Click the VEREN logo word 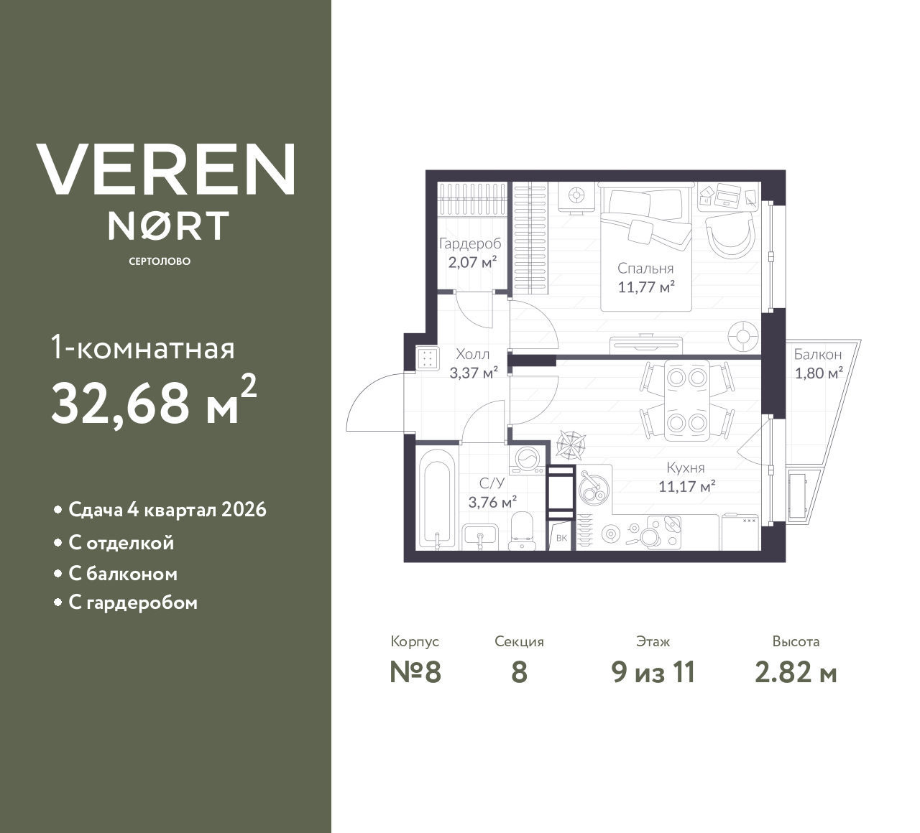[x=166, y=169]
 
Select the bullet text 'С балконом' [x=123, y=574]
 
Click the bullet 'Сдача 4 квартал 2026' [x=167, y=510]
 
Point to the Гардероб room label [x=470, y=244]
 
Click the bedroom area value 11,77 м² [x=645, y=287]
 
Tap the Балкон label [x=817, y=354]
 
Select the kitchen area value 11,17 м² [x=686, y=486]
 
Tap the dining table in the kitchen [x=686, y=399]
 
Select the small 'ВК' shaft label [x=561, y=538]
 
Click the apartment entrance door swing [x=374, y=407]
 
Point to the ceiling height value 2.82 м [x=796, y=672]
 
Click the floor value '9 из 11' [x=653, y=672]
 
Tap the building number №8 [x=415, y=672]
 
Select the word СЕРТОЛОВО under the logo [x=160, y=261]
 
